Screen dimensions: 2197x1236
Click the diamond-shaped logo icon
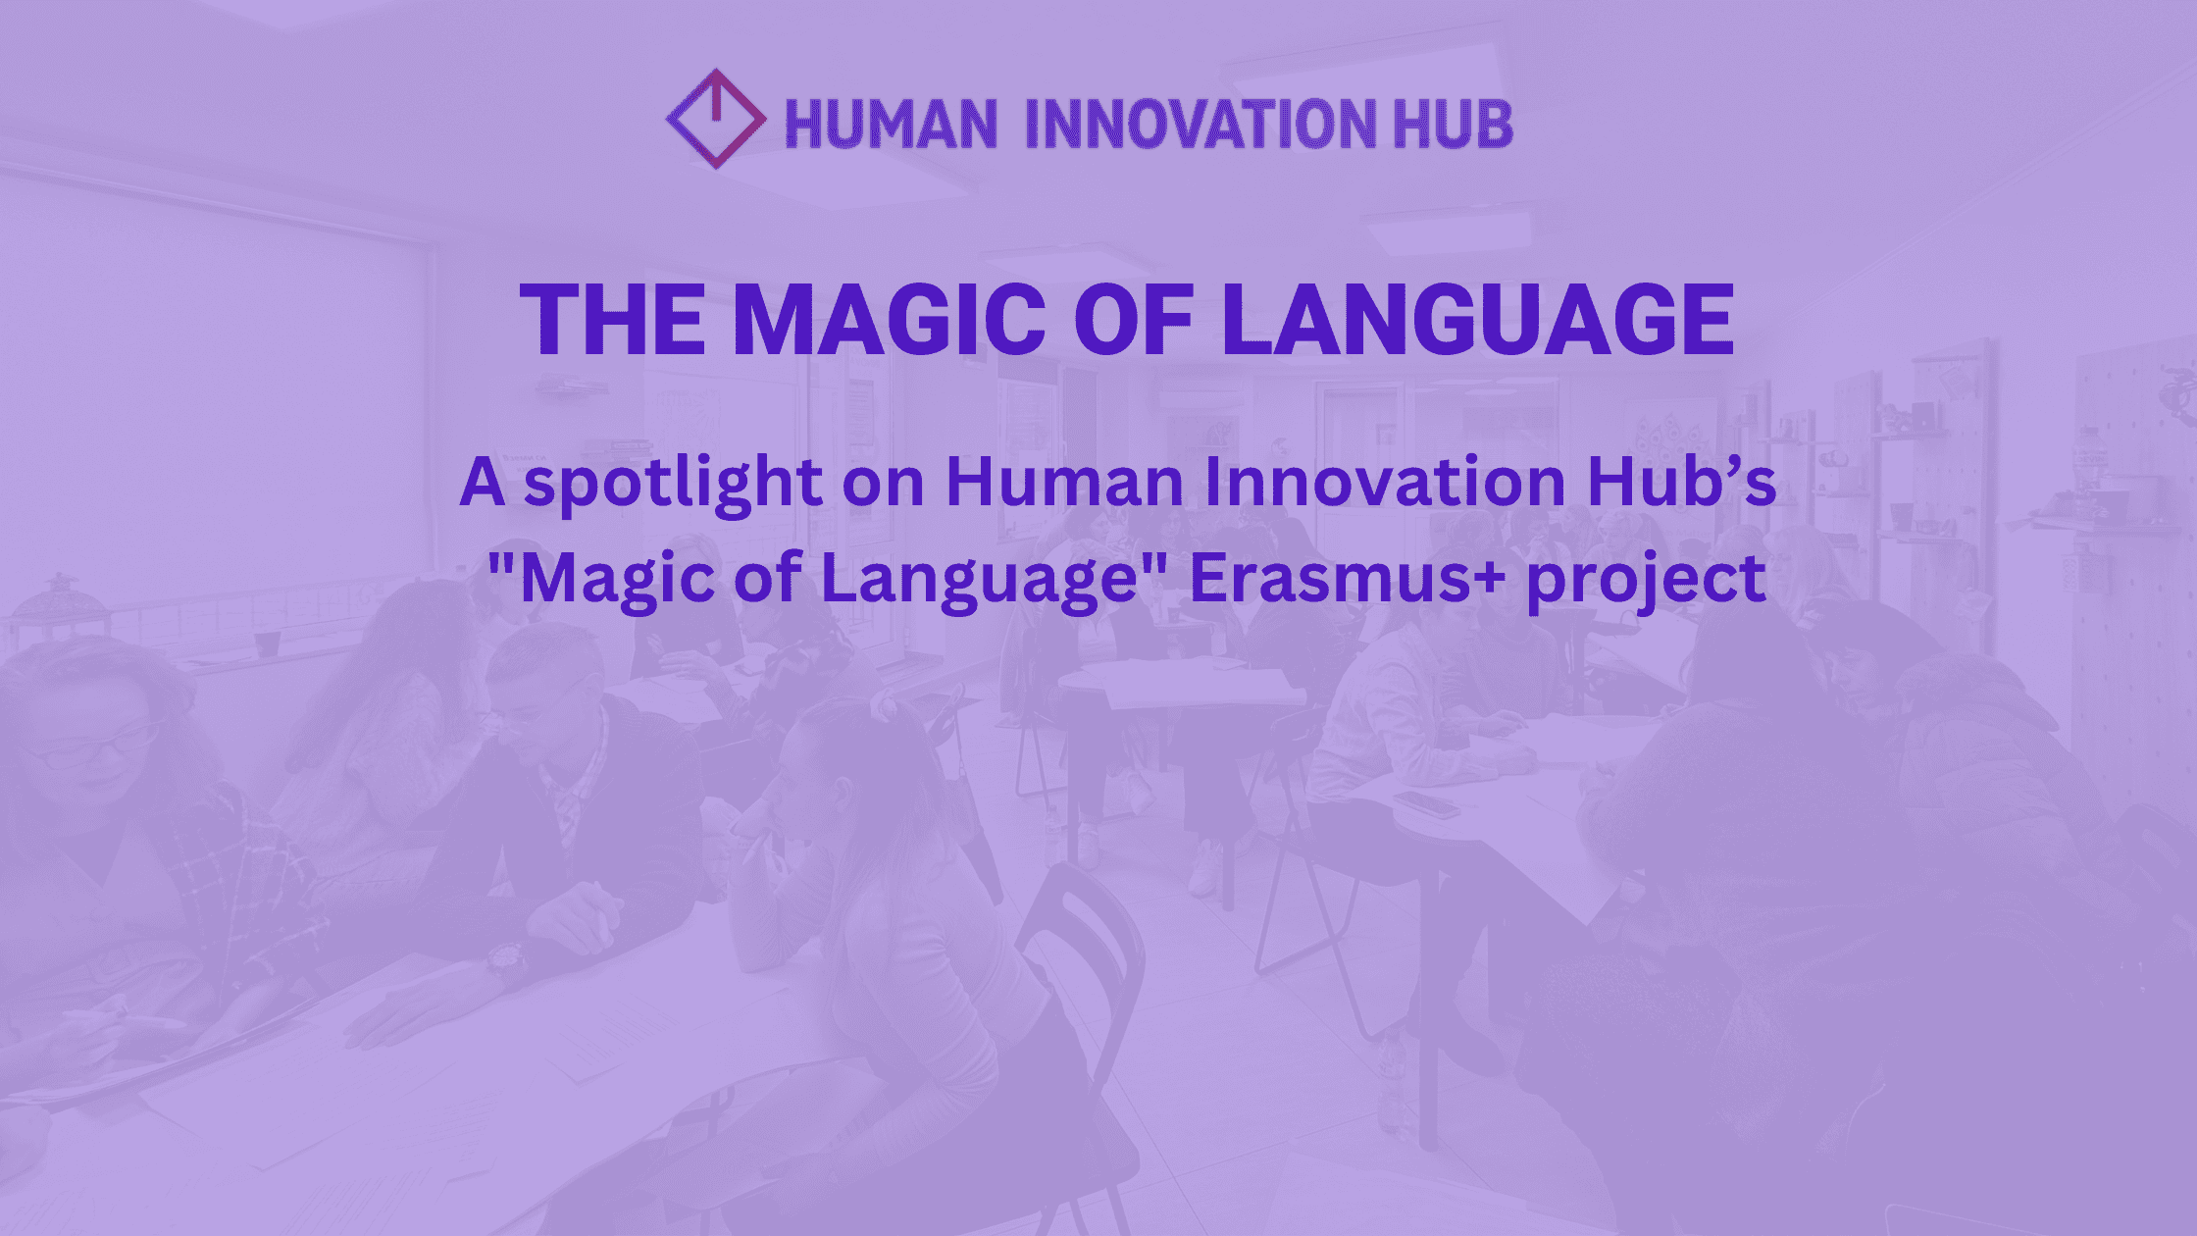pos(716,119)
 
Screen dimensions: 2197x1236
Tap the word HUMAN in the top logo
pos(891,124)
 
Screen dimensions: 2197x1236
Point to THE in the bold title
pos(613,319)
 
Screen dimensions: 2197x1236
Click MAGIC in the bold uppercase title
pos(889,319)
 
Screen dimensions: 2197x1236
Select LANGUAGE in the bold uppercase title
pos(1478,319)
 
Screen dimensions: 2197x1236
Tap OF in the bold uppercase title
pos(1134,319)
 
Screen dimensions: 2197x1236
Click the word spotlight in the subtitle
pos(674,483)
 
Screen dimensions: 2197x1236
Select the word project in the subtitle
pos(1648,581)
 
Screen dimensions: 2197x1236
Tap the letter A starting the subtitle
pos(483,483)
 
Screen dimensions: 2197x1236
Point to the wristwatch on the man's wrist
pos(507,963)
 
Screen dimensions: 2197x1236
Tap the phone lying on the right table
pos(1427,804)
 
